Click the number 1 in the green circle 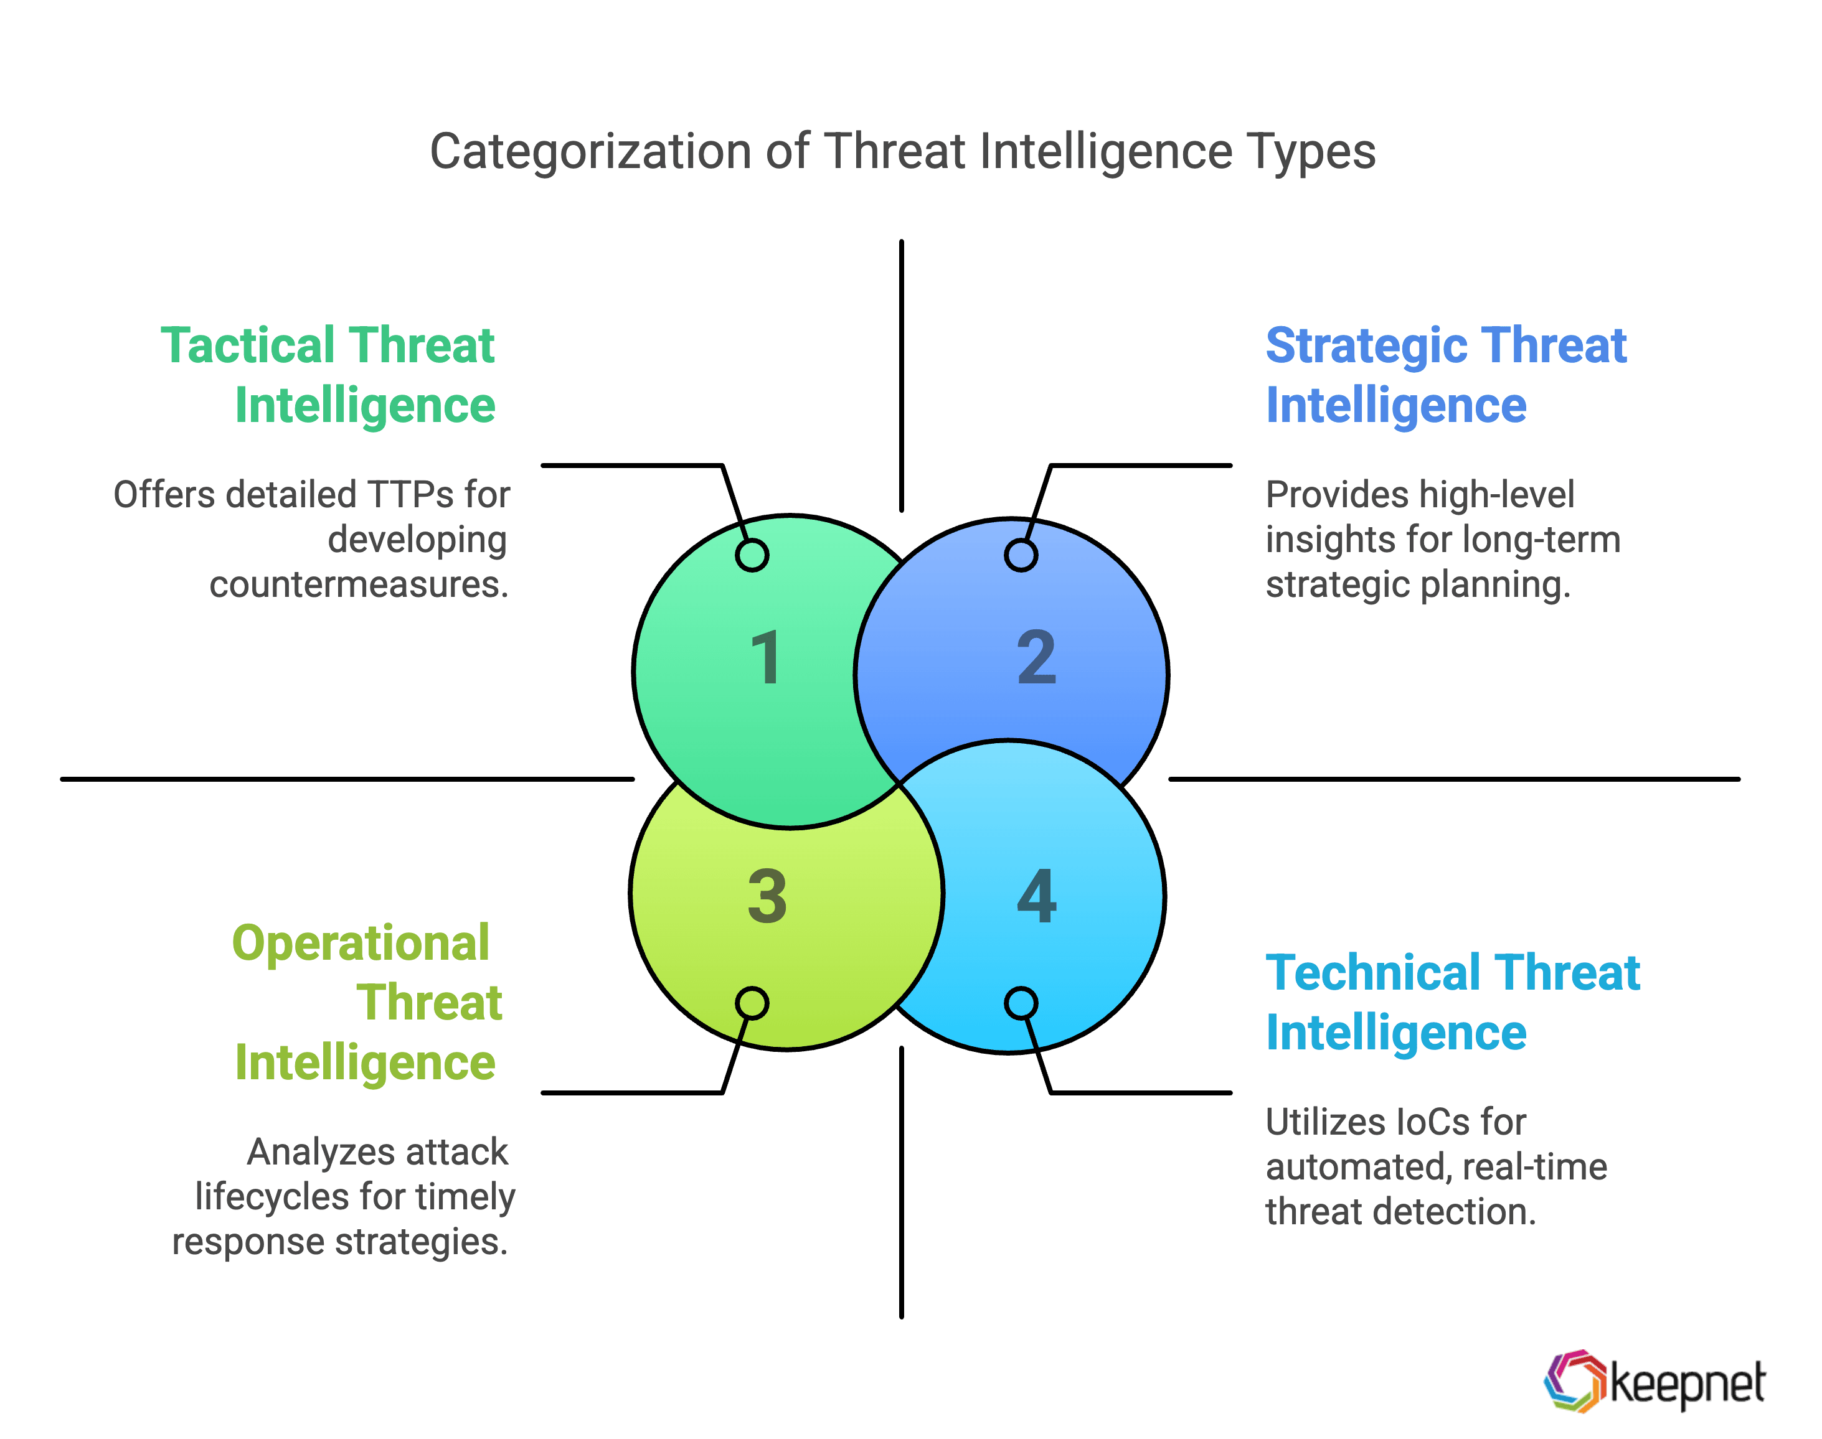(x=765, y=657)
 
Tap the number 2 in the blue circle (x=1037, y=657)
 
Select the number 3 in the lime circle (x=767, y=896)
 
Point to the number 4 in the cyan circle (x=1037, y=896)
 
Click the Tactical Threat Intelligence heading (x=329, y=375)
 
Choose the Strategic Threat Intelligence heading (x=1445, y=375)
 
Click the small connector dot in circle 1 (x=752, y=555)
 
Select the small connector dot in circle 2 (x=1021, y=555)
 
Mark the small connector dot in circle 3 (x=752, y=1003)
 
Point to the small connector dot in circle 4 (x=1021, y=1003)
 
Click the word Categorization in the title (x=590, y=152)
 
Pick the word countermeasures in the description (x=359, y=584)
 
